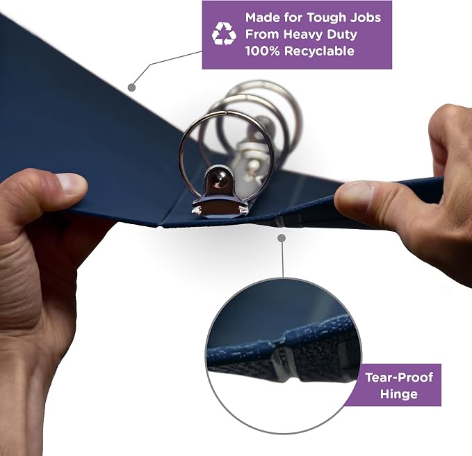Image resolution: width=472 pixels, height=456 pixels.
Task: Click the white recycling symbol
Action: point(224,34)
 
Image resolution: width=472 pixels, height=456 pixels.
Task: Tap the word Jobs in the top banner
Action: point(366,17)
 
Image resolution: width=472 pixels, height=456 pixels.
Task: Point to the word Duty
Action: point(340,35)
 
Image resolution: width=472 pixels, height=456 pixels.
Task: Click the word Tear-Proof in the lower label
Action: point(399,378)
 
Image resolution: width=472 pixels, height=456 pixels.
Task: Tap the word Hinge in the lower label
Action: point(399,394)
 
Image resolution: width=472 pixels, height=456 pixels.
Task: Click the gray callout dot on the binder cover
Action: point(131,87)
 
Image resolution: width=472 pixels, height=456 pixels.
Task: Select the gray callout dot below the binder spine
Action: point(282,238)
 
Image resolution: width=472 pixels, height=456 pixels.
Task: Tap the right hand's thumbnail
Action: point(353,196)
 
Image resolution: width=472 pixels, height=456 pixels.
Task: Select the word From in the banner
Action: point(262,35)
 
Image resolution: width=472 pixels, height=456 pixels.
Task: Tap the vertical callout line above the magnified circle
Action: point(282,259)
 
